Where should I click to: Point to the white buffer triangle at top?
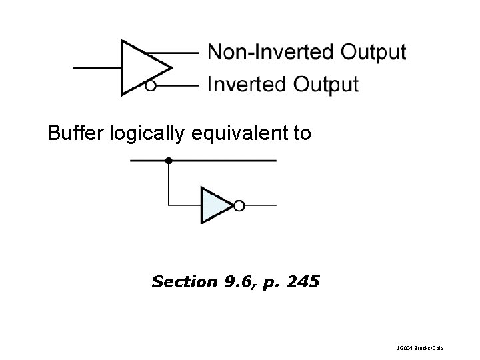pos(140,67)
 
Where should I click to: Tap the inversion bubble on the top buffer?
pos(151,86)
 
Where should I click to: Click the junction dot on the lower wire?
pos(169,161)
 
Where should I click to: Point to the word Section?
pos(178,282)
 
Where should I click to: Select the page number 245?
pos(304,282)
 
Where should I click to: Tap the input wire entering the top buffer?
pos(96,67)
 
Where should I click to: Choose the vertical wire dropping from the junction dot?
pos(169,183)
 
